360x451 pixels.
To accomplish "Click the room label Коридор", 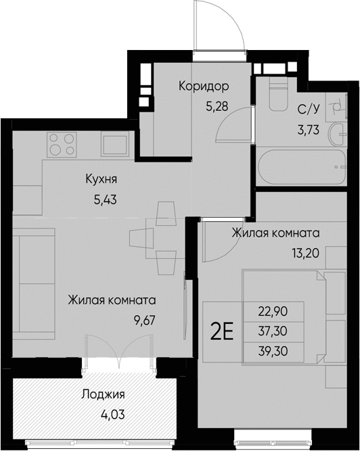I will (204, 87).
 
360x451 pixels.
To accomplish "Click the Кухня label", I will (102, 179).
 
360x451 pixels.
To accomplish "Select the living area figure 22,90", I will (272, 312).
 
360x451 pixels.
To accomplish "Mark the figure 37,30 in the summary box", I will (272, 331).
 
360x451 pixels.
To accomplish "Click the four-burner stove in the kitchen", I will (62, 143).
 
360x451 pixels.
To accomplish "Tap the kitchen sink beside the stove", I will (114, 143).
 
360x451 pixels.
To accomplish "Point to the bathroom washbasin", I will (336, 134).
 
